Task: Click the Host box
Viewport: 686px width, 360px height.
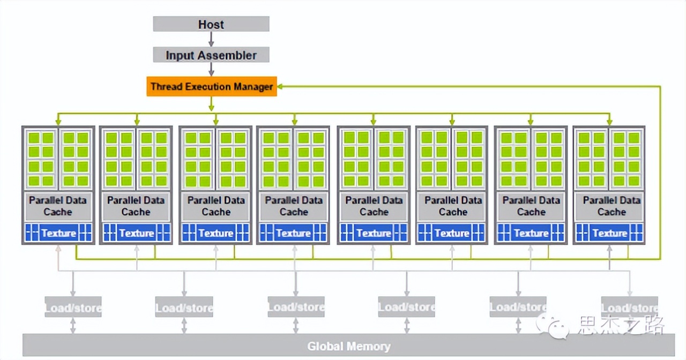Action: [x=211, y=24]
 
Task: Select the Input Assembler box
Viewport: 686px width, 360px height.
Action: [x=211, y=55]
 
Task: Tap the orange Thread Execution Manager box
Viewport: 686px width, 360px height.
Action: [x=212, y=86]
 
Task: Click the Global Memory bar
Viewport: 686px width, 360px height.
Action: [x=348, y=346]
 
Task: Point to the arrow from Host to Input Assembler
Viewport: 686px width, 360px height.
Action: [x=211, y=39]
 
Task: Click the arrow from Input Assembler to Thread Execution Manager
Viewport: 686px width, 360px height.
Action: [x=211, y=70]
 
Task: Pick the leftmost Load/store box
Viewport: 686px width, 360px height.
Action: [x=73, y=307]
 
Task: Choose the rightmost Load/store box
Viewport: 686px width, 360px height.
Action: [x=629, y=307]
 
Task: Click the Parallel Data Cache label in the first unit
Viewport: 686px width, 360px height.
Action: [x=58, y=206]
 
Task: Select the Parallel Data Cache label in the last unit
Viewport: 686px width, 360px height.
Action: [x=612, y=206]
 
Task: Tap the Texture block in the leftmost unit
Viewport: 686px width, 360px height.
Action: [x=58, y=234]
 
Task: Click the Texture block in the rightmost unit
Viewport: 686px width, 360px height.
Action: [x=609, y=234]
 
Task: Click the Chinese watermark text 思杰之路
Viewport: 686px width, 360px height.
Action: [x=622, y=325]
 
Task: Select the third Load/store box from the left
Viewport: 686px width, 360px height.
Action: [x=296, y=307]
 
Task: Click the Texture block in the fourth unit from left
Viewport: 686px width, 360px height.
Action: [x=293, y=234]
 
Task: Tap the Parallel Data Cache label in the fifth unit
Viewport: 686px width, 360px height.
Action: [x=374, y=206]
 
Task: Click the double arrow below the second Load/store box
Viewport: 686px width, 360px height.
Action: [x=184, y=325]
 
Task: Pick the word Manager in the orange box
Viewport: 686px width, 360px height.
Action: [x=253, y=86]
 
